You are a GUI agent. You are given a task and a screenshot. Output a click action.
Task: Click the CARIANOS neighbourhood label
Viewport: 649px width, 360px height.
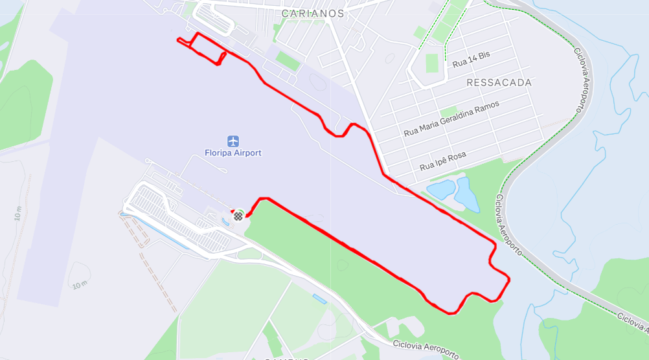[x=313, y=13]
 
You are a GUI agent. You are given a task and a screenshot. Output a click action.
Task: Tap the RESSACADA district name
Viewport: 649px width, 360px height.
[x=499, y=83]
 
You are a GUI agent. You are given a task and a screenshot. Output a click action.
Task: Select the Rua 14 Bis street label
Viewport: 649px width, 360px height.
[x=471, y=59]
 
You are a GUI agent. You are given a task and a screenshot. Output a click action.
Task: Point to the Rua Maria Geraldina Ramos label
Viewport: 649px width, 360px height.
[x=451, y=118]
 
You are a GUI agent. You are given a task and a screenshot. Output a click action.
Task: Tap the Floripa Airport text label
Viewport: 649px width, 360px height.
[x=233, y=153]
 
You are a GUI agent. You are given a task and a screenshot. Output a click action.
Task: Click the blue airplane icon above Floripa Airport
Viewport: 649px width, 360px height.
[x=233, y=141]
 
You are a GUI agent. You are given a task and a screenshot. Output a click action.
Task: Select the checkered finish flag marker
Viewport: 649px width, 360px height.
[x=238, y=216]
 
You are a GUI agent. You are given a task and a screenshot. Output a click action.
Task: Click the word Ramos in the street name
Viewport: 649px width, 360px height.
[x=487, y=107]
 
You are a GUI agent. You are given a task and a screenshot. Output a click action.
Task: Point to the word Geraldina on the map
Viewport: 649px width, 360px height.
[x=454, y=118]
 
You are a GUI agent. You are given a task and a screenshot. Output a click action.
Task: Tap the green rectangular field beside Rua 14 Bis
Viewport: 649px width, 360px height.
[x=432, y=63]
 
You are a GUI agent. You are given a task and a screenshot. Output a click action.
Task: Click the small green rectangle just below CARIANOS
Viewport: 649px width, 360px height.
[x=288, y=60]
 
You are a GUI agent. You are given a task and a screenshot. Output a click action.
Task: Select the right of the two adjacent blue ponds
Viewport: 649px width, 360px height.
[x=466, y=194]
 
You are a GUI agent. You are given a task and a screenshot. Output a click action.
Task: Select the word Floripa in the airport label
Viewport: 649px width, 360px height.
[x=217, y=153]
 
